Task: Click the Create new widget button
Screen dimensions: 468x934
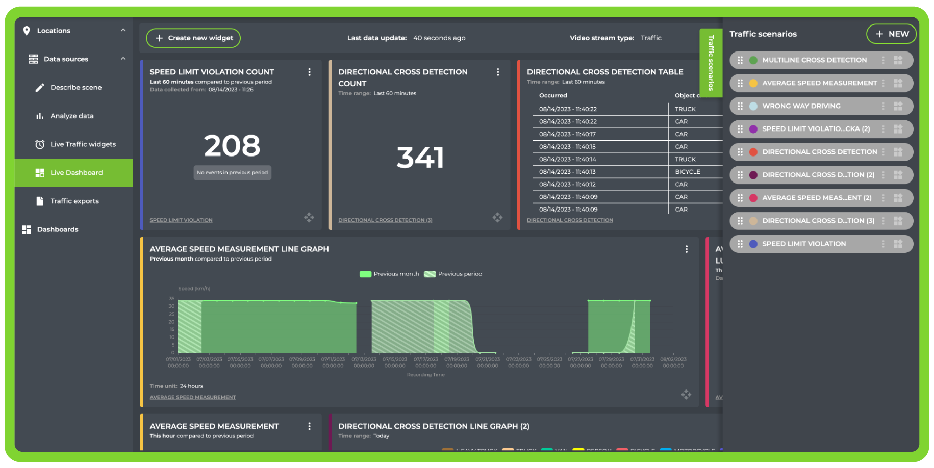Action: pos(193,38)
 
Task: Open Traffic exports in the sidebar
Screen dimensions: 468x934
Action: pos(74,201)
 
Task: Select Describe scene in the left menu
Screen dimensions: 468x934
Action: pos(75,88)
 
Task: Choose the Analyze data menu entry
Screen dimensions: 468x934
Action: pos(72,116)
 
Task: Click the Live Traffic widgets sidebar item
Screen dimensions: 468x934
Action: pos(83,144)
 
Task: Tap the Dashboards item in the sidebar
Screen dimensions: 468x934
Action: pos(57,230)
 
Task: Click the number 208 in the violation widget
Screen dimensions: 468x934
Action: pos(232,146)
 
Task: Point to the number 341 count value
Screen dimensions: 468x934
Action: pos(420,158)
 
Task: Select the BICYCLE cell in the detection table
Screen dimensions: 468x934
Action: pos(687,172)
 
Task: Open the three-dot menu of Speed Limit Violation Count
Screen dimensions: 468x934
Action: pos(309,72)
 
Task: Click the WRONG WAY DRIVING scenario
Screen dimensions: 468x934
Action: pos(801,106)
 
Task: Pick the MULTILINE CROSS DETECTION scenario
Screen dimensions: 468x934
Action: pos(814,60)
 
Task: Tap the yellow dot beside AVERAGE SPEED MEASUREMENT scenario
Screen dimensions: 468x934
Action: pos(753,83)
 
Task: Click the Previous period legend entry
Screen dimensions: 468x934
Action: pos(454,274)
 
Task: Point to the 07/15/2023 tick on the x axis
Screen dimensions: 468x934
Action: pos(395,359)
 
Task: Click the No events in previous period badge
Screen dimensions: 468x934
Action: pos(232,173)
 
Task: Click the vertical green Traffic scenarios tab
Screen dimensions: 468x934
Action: pos(711,63)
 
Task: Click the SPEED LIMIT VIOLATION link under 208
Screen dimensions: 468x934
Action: pos(181,220)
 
